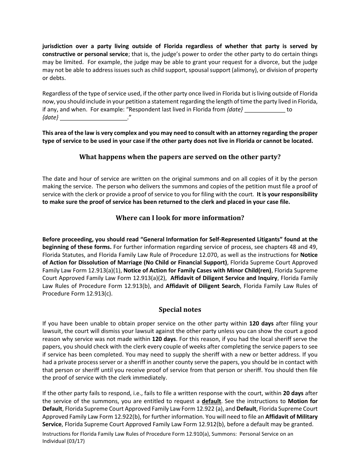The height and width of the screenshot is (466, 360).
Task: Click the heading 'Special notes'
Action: tap(180, 310)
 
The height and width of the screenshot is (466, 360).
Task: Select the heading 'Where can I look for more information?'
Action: tap(180, 218)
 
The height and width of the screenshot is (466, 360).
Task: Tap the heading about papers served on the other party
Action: tap(180, 157)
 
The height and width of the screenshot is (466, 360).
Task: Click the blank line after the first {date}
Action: tap(265, 110)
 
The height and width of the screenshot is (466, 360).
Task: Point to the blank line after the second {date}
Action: tap(94, 118)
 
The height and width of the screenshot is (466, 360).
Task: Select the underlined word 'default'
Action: tap(211, 401)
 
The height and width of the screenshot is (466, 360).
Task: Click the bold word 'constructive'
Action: tap(60, 54)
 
